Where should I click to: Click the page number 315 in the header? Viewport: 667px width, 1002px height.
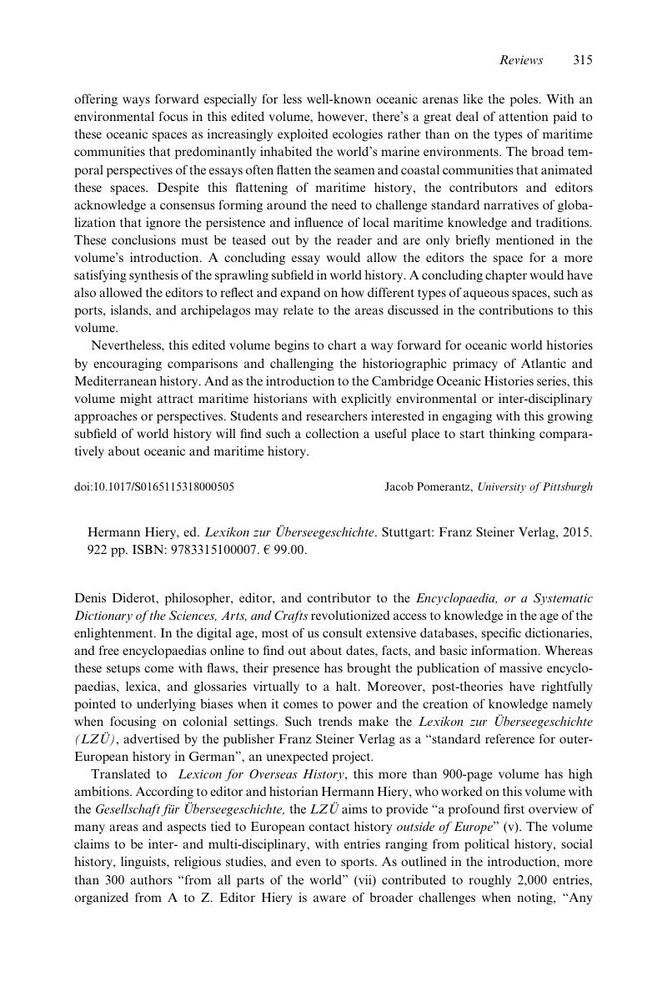tap(583, 60)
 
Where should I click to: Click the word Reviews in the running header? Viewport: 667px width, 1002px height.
tap(521, 60)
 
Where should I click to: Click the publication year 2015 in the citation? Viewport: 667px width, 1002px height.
tap(578, 532)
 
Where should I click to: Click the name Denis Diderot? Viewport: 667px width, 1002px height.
tap(111, 598)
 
